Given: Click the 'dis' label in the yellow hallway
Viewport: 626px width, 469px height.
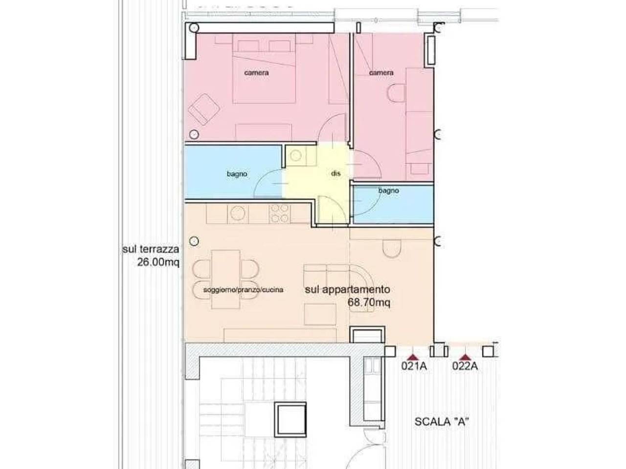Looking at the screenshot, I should pos(335,173).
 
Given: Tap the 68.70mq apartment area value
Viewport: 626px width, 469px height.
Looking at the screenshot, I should pos(369,302).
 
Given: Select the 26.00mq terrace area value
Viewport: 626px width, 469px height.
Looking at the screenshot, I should pos(158,262).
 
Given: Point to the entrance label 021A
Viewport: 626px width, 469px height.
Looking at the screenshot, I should pos(414,366).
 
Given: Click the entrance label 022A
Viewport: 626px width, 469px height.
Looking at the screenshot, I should pos(465,366).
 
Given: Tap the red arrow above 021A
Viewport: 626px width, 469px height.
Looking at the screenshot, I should pos(414,357).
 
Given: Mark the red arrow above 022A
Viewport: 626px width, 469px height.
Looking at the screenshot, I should pos(465,357).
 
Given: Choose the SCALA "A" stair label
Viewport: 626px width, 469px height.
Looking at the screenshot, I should pos(441,422).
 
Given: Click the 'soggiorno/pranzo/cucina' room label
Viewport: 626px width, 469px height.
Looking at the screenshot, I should pos(243,290).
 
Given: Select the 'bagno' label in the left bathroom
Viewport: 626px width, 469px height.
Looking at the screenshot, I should pos(237,174).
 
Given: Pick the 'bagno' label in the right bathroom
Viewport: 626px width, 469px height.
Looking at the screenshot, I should pos(388,191).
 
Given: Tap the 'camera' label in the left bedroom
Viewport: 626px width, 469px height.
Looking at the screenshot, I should pos(256,73).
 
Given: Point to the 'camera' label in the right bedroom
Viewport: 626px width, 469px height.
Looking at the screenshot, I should pos(381,73).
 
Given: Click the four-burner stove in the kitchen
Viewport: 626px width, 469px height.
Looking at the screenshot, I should pos(280,213).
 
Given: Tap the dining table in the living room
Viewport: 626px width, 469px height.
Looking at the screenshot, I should pos(225,279).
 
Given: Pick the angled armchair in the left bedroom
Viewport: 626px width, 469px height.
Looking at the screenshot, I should pos(204,109).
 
